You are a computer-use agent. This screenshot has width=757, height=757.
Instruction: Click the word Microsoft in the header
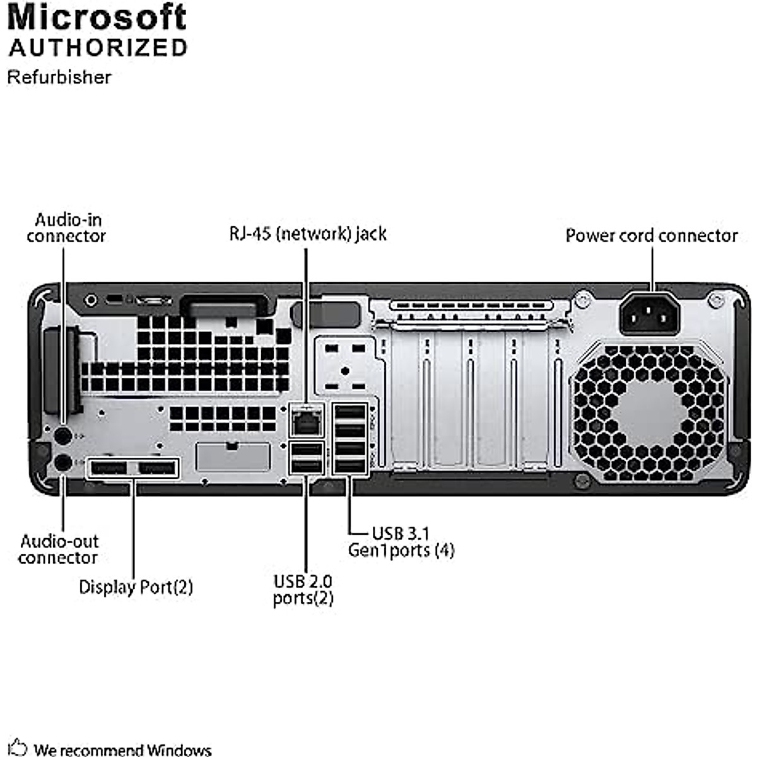pyautogui.click(x=97, y=18)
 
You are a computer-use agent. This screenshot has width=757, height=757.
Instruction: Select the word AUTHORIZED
pyautogui.click(x=98, y=48)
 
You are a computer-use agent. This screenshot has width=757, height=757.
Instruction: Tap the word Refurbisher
pyautogui.click(x=59, y=77)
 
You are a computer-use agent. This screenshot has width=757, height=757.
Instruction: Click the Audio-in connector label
pyautogui.click(x=66, y=228)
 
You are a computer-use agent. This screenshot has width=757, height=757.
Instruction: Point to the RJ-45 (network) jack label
pyautogui.click(x=307, y=234)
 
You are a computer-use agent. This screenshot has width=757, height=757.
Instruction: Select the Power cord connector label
pyautogui.click(x=651, y=236)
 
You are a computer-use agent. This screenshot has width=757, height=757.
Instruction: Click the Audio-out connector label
pyautogui.click(x=59, y=549)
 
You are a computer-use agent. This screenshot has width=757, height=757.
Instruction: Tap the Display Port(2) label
pyautogui.click(x=136, y=587)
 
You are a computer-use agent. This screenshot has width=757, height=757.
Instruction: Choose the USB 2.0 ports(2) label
pyautogui.click(x=303, y=589)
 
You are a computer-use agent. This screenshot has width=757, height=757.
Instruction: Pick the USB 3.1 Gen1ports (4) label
pyautogui.click(x=401, y=542)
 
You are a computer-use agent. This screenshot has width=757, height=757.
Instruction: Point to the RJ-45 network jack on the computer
pyautogui.click(x=306, y=421)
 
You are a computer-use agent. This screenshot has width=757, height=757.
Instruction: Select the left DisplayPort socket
pyautogui.click(x=108, y=468)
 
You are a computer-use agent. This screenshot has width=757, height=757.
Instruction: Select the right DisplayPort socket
pyautogui.click(x=156, y=468)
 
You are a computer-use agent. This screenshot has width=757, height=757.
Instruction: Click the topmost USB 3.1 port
pyautogui.click(x=349, y=413)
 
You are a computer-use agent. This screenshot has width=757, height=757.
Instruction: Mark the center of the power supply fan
pyautogui.click(x=650, y=413)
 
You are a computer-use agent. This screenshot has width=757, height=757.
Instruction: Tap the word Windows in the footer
pyautogui.click(x=179, y=750)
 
